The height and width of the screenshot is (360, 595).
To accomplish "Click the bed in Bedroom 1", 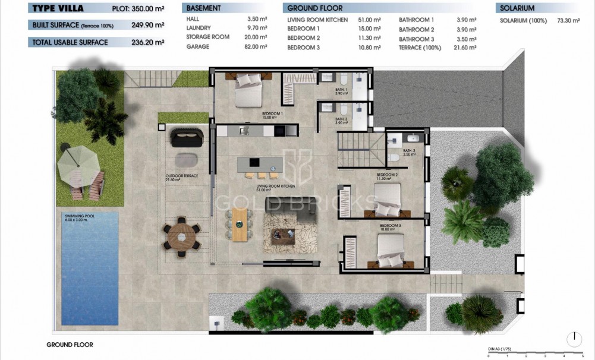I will (x=248, y=90).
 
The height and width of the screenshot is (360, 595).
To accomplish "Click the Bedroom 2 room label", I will (x=386, y=177).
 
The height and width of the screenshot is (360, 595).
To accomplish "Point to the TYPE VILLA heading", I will (x=58, y=8).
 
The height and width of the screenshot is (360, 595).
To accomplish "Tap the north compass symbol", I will (x=574, y=339).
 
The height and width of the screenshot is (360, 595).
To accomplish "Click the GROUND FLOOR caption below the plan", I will (x=70, y=345).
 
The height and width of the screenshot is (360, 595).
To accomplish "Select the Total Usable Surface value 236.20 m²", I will (x=147, y=43).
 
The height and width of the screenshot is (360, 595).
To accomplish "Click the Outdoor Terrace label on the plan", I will (x=181, y=176).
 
